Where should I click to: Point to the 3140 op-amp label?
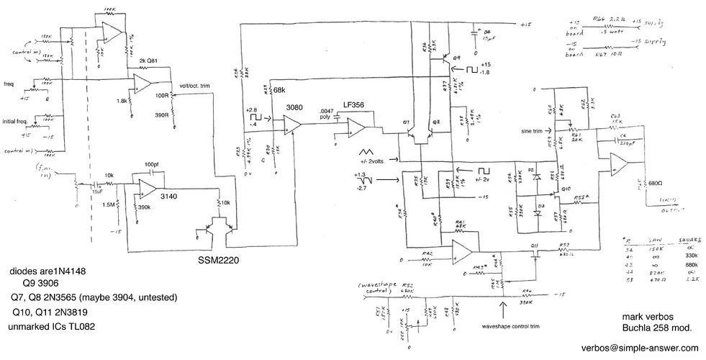(x=170, y=196)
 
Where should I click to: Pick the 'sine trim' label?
(x=534, y=132)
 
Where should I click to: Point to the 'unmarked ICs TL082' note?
(x=51, y=326)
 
